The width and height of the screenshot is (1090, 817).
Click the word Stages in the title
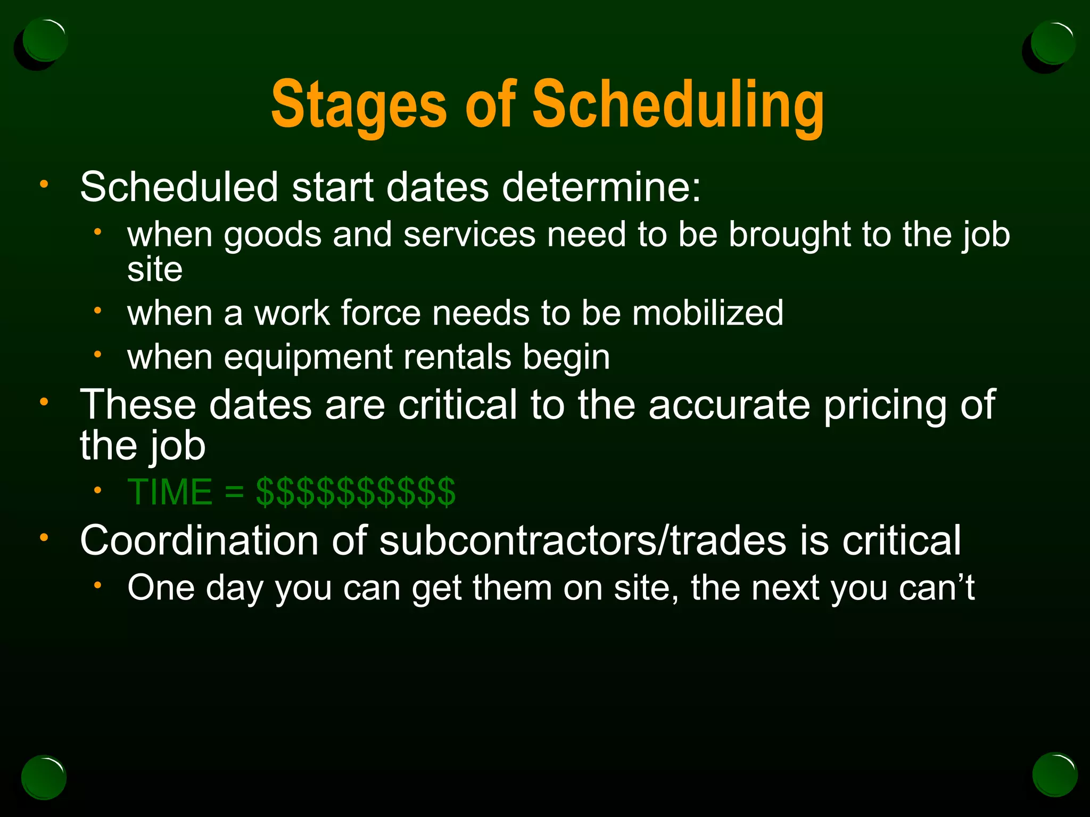pos(358,105)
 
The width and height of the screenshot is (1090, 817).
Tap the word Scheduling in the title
pos(678,105)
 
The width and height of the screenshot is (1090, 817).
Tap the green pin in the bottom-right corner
pos(1054,775)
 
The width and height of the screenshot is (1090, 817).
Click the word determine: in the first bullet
pos(601,187)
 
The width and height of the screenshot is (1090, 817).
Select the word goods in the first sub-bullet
pos(272,236)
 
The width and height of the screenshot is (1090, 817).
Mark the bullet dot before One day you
pos(97,585)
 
